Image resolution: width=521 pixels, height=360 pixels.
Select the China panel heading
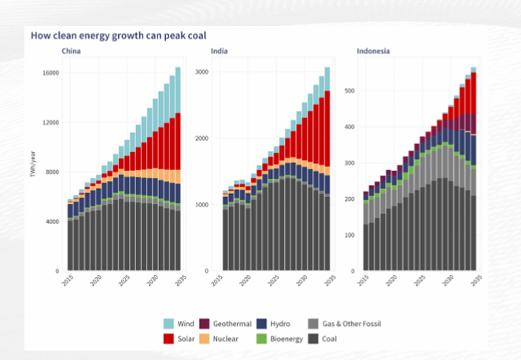point(72,52)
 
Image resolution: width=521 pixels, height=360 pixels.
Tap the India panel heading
point(220,52)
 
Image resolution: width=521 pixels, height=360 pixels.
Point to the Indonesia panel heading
point(373,52)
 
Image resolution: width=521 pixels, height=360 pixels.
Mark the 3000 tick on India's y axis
point(201,72)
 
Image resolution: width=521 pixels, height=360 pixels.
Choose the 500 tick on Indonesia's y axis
point(350,91)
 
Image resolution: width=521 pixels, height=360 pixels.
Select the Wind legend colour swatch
point(168,324)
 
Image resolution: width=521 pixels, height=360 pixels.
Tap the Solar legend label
point(187,338)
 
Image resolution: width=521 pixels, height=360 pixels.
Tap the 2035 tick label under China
point(178,280)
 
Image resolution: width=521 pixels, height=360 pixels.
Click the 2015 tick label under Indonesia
point(362,280)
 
